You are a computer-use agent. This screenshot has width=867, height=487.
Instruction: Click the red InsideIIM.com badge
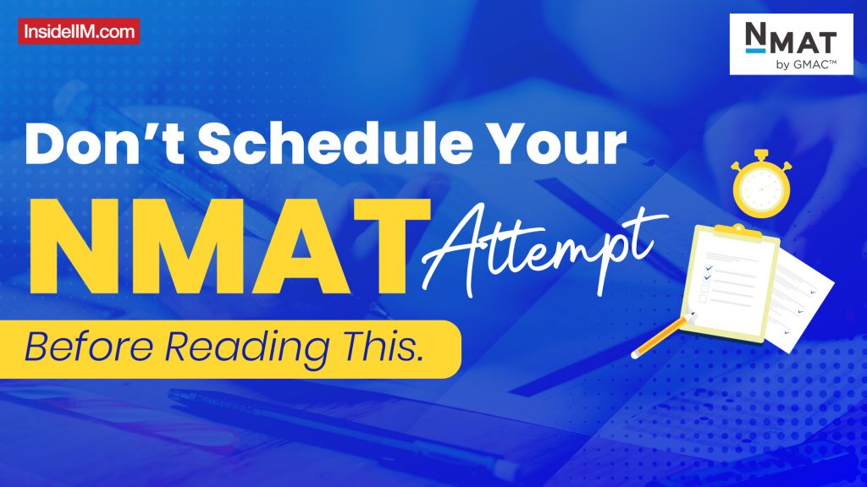pyautogui.click(x=78, y=31)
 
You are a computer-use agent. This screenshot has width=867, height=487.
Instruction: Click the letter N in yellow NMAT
pyautogui.click(x=84, y=238)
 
